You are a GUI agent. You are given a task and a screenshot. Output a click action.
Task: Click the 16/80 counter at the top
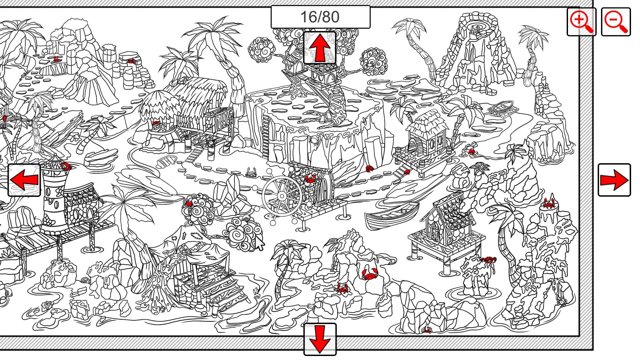320,17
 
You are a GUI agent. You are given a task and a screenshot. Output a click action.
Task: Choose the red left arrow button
24,180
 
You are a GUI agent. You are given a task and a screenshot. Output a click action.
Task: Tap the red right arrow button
614,180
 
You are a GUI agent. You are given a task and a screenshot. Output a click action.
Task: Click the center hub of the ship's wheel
282,196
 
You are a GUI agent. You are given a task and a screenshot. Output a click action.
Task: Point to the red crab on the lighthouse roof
65,165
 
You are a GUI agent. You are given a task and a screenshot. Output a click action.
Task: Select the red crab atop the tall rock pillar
549,203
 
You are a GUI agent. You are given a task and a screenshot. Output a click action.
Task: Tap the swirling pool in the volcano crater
476,26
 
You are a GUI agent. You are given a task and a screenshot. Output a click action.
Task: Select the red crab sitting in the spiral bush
189,203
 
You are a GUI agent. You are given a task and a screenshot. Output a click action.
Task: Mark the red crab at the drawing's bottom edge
427,330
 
